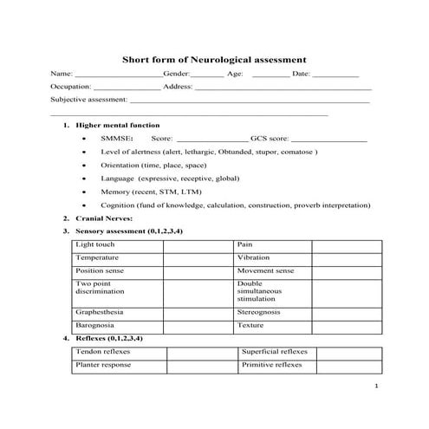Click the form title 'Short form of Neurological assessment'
pos(213,60)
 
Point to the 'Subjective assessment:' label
pos(88,101)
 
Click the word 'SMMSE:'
pos(116,138)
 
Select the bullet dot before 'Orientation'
pos(82,165)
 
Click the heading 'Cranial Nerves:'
pos(103,218)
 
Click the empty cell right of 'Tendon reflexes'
pos(203,353)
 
